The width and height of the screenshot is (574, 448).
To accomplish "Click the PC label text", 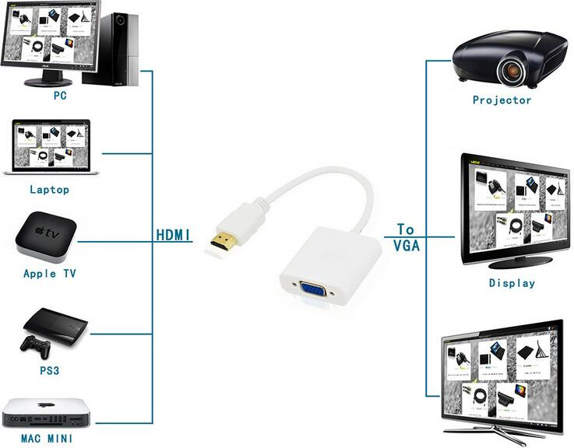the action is tap(60, 96).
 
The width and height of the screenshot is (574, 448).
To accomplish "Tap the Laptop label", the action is tap(49, 190).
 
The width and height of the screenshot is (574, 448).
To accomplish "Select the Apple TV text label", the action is tap(50, 274).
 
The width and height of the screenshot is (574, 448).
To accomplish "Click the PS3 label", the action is tap(49, 370).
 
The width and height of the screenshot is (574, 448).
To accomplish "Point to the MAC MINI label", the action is tap(47, 438).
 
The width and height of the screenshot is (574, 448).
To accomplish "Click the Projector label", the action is tap(502, 100).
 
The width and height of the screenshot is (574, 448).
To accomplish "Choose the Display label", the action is tap(512, 282).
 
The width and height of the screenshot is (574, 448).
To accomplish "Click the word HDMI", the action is tap(174, 235).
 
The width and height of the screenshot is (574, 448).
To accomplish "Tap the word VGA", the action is tap(407, 246).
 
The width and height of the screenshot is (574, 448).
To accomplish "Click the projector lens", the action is tap(512, 70).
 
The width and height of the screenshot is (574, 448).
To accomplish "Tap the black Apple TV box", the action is tap(46, 236).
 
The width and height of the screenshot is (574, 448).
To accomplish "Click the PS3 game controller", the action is tap(36, 346).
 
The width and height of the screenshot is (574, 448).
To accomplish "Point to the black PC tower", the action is tap(111, 49).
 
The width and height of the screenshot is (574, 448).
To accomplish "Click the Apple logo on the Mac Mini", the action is tap(46, 405).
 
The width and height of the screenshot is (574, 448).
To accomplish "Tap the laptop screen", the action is tap(51, 145).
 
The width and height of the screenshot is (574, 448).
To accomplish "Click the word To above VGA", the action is tap(406, 229).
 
